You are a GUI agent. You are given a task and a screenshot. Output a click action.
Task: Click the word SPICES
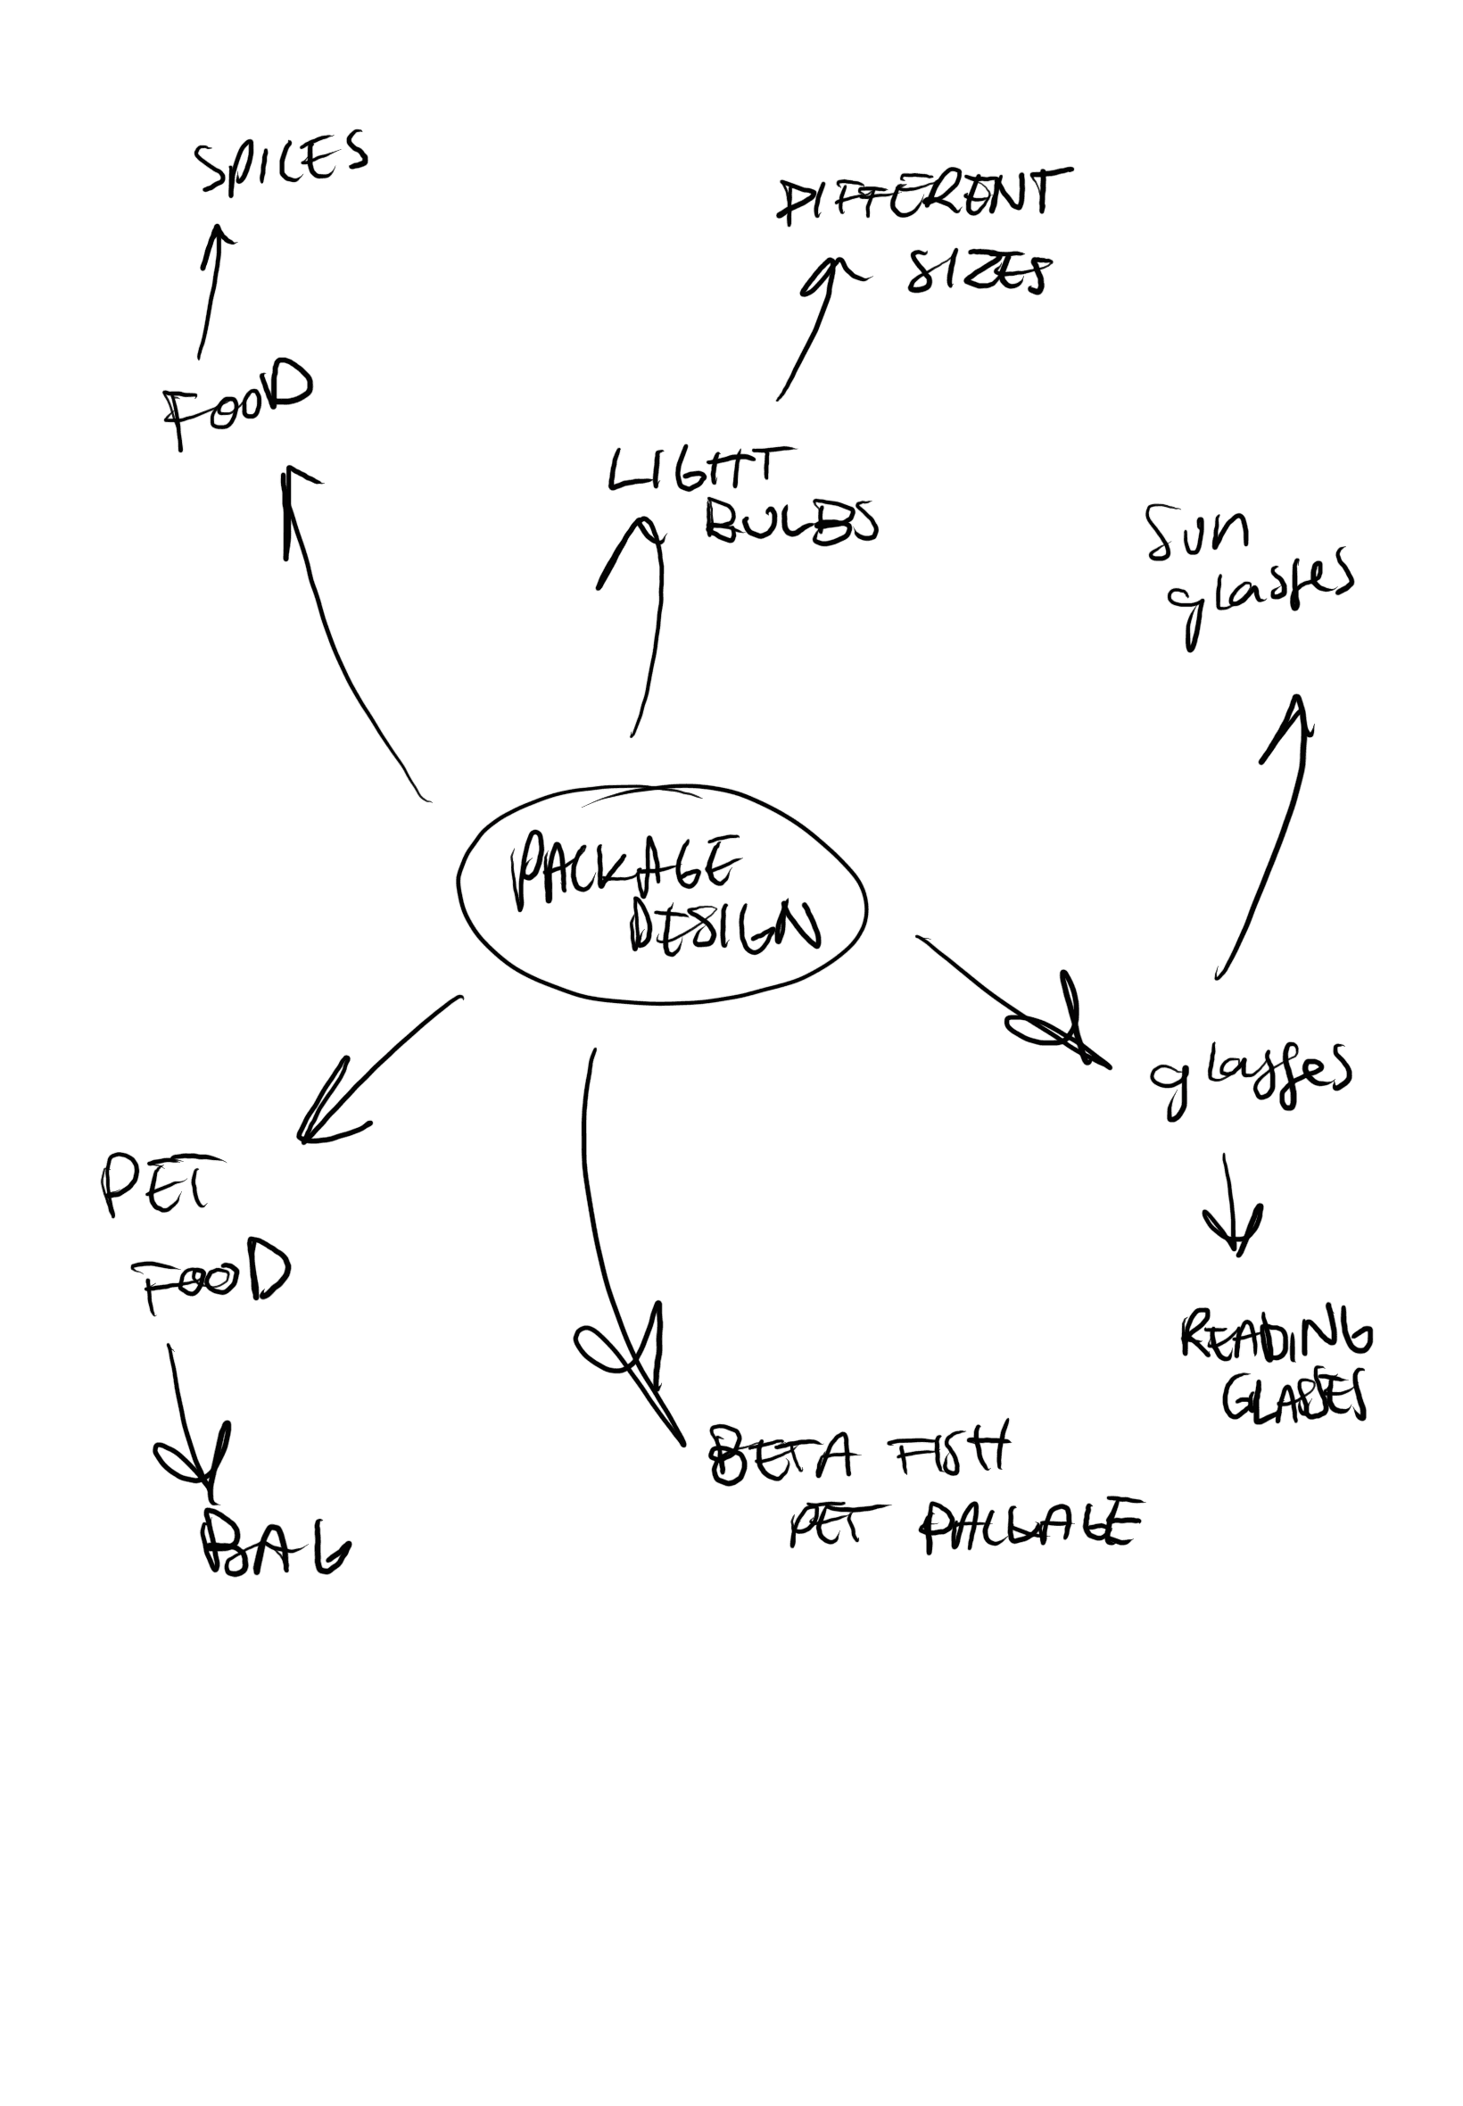coord(281,162)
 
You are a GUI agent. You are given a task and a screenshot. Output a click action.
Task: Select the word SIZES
coord(977,271)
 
